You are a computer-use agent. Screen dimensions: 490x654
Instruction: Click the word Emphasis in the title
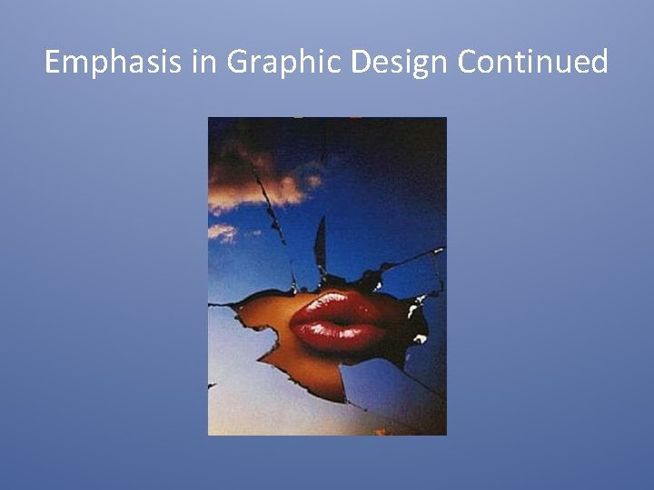click(x=100, y=62)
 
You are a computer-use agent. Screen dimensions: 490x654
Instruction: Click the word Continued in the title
click(x=533, y=62)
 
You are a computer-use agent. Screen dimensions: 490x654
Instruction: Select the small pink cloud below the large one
click(x=222, y=232)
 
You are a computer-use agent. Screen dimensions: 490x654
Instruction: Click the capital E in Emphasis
click(x=52, y=62)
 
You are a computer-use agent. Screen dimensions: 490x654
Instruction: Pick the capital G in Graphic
click(x=237, y=62)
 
